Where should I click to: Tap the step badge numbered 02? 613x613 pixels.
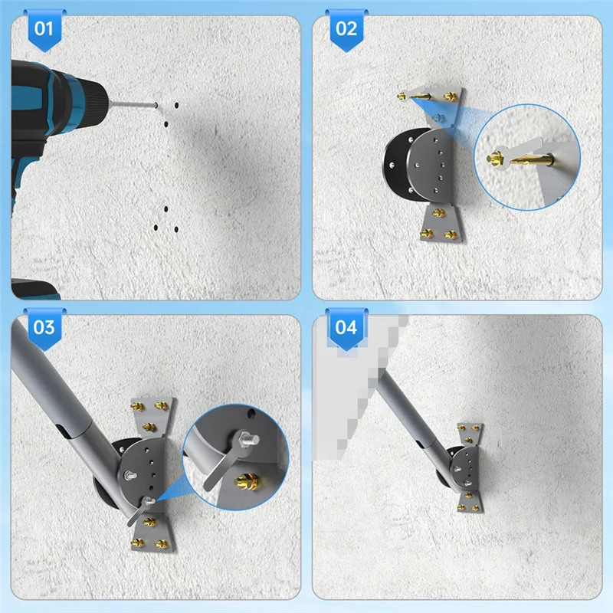coord(347,30)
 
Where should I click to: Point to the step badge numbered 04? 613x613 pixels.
coord(347,328)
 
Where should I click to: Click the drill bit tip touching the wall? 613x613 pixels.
coord(156,106)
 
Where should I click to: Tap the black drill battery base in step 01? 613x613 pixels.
coord(34,290)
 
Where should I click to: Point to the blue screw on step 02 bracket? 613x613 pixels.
coord(440,116)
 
